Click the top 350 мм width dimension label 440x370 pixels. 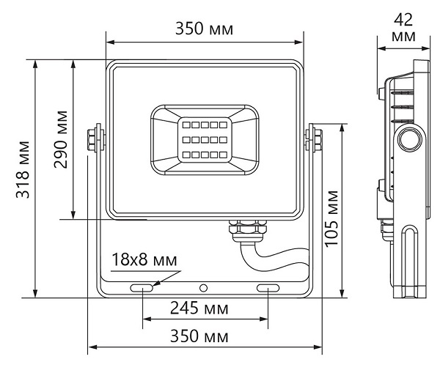(204, 29)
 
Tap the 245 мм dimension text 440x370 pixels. (199, 308)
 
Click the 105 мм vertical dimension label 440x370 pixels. (332, 220)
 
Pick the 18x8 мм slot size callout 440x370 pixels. (144, 260)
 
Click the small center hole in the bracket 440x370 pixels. (205, 288)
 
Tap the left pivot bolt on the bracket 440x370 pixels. (93, 139)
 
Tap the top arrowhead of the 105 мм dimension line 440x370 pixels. (342, 127)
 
